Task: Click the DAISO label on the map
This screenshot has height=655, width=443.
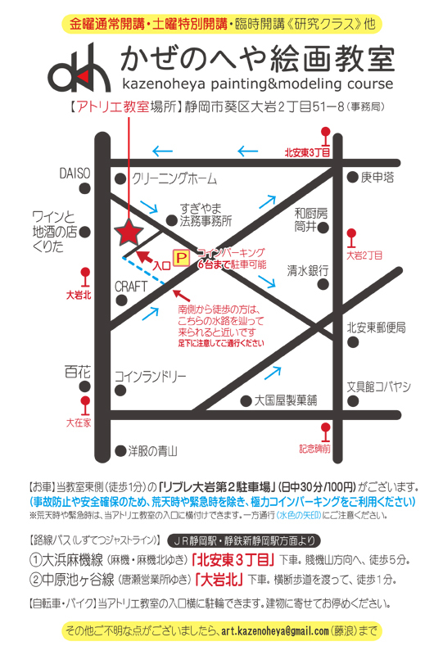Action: click(x=76, y=174)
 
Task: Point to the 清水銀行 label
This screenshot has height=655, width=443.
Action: click(x=307, y=269)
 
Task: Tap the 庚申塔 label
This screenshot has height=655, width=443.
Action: click(x=377, y=177)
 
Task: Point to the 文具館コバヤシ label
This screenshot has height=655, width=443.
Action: click(x=377, y=386)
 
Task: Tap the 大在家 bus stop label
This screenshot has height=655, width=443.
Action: click(x=79, y=422)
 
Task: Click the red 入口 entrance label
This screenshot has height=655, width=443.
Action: click(x=161, y=265)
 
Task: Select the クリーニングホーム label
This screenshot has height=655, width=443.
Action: click(x=174, y=178)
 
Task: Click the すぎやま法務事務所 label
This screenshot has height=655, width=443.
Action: click(x=206, y=215)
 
